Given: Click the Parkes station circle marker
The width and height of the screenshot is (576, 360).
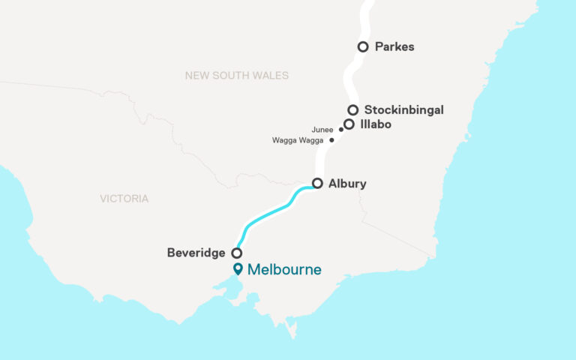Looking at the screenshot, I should [363, 46].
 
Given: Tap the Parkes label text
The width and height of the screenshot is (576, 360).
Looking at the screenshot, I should [395, 46].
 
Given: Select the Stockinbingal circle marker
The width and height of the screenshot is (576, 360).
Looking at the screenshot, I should [352, 110].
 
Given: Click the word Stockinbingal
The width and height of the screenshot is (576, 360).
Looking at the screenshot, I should [403, 110].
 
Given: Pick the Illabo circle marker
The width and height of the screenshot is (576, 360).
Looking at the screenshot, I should [349, 124].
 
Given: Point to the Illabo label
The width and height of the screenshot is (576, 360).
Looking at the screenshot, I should [376, 124].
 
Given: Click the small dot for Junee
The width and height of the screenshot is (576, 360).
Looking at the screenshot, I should [341, 130].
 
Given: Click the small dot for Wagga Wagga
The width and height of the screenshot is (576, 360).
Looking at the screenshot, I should [331, 140].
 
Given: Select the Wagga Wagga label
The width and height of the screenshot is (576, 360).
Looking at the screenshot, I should [298, 140].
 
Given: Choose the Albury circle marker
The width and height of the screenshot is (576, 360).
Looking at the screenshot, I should [317, 183].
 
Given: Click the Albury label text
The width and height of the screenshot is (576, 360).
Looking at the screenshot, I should [347, 183].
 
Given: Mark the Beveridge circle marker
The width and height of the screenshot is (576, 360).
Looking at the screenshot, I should [236, 253].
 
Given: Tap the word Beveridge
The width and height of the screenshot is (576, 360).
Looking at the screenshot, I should [196, 253].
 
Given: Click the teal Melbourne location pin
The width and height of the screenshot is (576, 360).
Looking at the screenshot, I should [238, 268].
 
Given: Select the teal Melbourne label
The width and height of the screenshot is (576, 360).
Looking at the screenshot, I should [284, 269].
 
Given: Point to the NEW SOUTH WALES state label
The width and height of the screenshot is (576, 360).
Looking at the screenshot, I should [236, 76].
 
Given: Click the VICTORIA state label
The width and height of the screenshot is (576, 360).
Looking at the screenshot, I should [124, 199].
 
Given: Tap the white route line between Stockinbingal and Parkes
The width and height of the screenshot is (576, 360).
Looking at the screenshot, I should [350, 79].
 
